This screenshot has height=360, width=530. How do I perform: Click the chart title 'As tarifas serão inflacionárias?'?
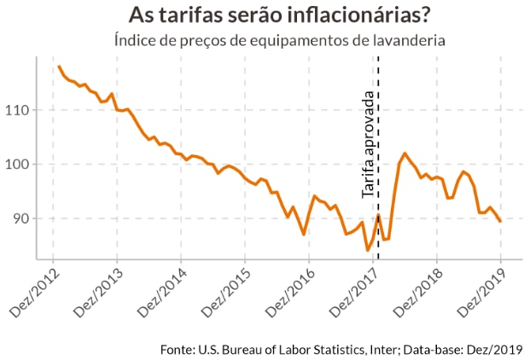tap(278, 15)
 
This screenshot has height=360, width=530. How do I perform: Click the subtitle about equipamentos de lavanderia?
tap(280, 40)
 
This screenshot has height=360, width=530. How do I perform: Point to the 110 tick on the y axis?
tap(19, 110)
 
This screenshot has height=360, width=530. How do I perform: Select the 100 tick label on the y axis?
tap(19, 164)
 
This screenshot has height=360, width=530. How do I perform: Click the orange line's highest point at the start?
tap(58, 67)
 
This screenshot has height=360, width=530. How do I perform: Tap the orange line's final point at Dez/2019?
tap(500, 221)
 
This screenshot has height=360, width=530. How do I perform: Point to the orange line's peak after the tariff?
tap(405, 154)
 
